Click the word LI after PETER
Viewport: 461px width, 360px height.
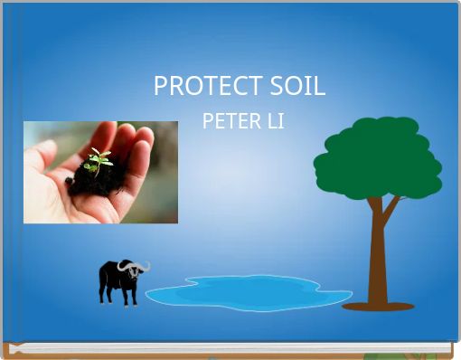point(275,120)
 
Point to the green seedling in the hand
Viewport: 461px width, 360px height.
point(99,159)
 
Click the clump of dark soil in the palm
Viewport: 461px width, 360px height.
point(96,178)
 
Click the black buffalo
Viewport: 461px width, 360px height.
point(121,279)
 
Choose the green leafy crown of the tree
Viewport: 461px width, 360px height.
point(377,158)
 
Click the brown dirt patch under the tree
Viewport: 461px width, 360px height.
point(378,307)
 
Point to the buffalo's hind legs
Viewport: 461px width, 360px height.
point(105,293)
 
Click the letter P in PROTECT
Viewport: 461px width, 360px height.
point(160,87)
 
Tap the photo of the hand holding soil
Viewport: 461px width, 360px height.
point(100,172)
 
